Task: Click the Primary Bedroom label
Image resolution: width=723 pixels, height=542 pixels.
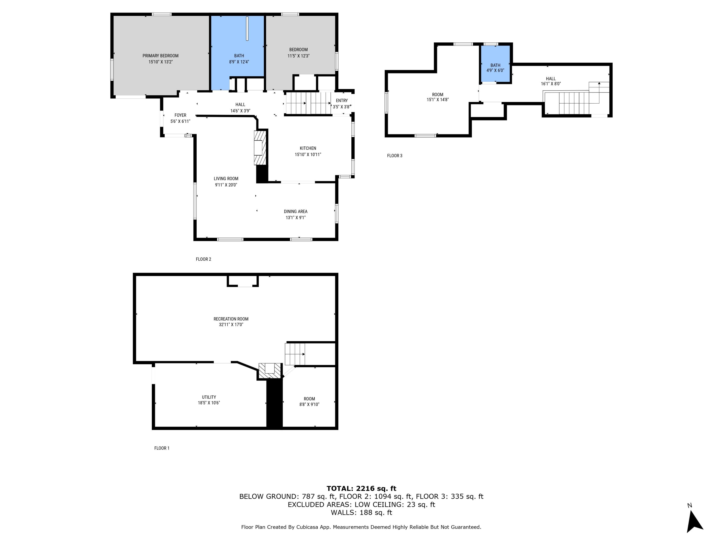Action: point(160,56)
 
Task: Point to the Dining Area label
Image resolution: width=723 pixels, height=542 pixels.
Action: point(295,211)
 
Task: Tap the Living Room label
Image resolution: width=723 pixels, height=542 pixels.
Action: point(226,179)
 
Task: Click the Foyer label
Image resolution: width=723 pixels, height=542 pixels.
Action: point(180,115)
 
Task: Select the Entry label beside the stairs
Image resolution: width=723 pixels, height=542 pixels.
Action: point(341,101)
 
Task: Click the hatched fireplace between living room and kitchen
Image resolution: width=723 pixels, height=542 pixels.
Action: point(261,148)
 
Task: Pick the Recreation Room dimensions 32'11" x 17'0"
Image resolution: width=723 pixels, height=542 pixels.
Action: point(231,325)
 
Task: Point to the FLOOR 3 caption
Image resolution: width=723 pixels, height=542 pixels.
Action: point(395,156)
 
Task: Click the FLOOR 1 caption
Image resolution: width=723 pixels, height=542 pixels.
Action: point(162,448)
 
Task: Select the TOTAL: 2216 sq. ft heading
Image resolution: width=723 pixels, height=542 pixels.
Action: point(361,489)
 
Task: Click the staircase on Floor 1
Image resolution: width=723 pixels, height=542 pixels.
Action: point(295,354)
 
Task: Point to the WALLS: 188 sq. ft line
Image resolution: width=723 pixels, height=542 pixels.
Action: point(361,513)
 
